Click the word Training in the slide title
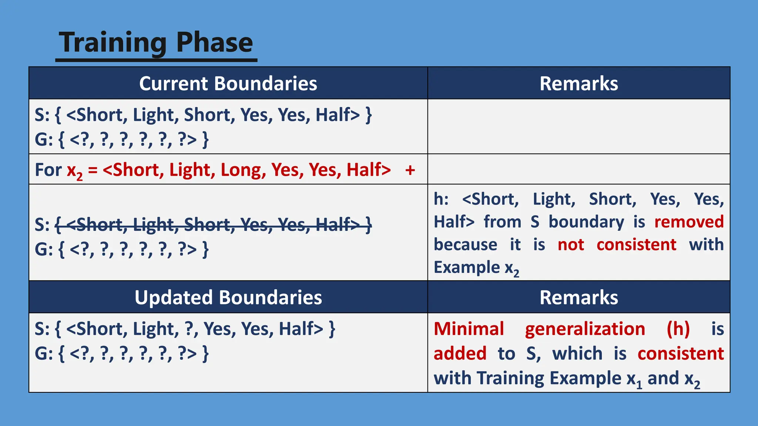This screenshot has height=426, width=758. pyautogui.click(x=113, y=43)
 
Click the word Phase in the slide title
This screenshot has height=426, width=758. pyautogui.click(x=214, y=43)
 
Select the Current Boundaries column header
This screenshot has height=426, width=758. pyautogui.click(x=228, y=83)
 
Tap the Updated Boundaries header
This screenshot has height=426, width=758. pyautogui.click(x=228, y=297)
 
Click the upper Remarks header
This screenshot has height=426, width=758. pyautogui.click(x=578, y=83)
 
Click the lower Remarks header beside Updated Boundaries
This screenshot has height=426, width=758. pyautogui.click(x=578, y=297)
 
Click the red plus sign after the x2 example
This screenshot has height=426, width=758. pyautogui.click(x=410, y=170)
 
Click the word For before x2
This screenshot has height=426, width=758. pyautogui.click(x=48, y=170)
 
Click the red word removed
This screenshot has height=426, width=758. pyautogui.click(x=689, y=222)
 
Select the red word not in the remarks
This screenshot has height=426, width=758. pyautogui.click(x=571, y=245)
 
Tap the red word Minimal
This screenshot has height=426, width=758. pyautogui.click(x=469, y=329)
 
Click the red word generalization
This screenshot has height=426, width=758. pyautogui.click(x=585, y=329)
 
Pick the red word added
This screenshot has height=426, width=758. pyautogui.click(x=460, y=354)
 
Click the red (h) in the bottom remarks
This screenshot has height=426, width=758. pyautogui.click(x=678, y=329)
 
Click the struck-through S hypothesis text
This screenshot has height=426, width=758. pyautogui.click(x=213, y=224)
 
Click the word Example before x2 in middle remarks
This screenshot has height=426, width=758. pyautogui.click(x=467, y=267)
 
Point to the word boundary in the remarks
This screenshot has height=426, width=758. pyautogui.click(x=586, y=222)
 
